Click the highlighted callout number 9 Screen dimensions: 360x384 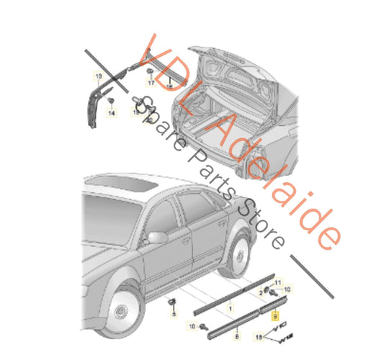pos(274,315)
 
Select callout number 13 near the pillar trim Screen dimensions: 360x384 pos(98,76)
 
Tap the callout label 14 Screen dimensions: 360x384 pos(112,113)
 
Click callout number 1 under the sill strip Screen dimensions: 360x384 pos(230,308)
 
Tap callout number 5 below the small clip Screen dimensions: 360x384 pos(173,315)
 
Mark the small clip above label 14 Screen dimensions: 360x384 pos(111,102)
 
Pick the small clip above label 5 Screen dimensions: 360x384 pos(173,301)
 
